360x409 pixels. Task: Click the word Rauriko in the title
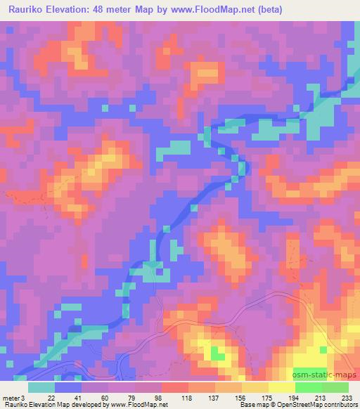[x=28, y=11]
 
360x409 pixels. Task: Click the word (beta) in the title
[x=336, y=11]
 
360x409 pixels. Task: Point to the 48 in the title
[x=122, y=11]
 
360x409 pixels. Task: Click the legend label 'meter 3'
[x=15, y=398]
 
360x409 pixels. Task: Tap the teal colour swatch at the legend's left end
[x=41, y=387]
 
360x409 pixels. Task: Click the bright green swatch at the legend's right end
[x=335, y=387]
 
